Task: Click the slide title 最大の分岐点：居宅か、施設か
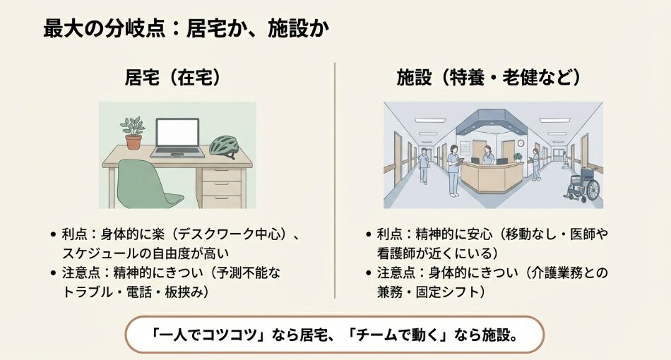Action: [186, 30]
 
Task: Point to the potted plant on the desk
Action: [133, 133]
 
